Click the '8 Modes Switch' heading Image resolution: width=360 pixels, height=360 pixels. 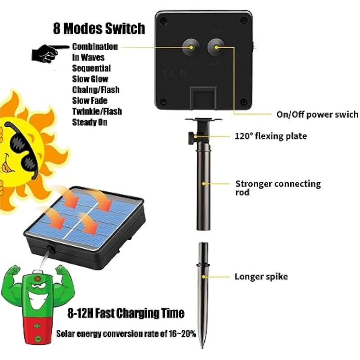pos(99,29)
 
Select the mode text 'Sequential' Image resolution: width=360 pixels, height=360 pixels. pos(91,68)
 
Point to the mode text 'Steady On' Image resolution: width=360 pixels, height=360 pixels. pos(90,122)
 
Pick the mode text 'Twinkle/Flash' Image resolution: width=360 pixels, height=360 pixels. pos(97,111)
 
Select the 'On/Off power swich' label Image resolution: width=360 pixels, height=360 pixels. pos(317,114)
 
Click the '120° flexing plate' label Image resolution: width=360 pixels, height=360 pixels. pos(271,136)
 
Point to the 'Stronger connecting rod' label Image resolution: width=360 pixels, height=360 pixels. pos(278,188)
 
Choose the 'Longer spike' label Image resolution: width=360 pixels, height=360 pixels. pos(261,276)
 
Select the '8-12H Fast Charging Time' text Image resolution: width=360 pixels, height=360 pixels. pos(126,313)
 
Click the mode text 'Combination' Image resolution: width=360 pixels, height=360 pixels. pos(95,47)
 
